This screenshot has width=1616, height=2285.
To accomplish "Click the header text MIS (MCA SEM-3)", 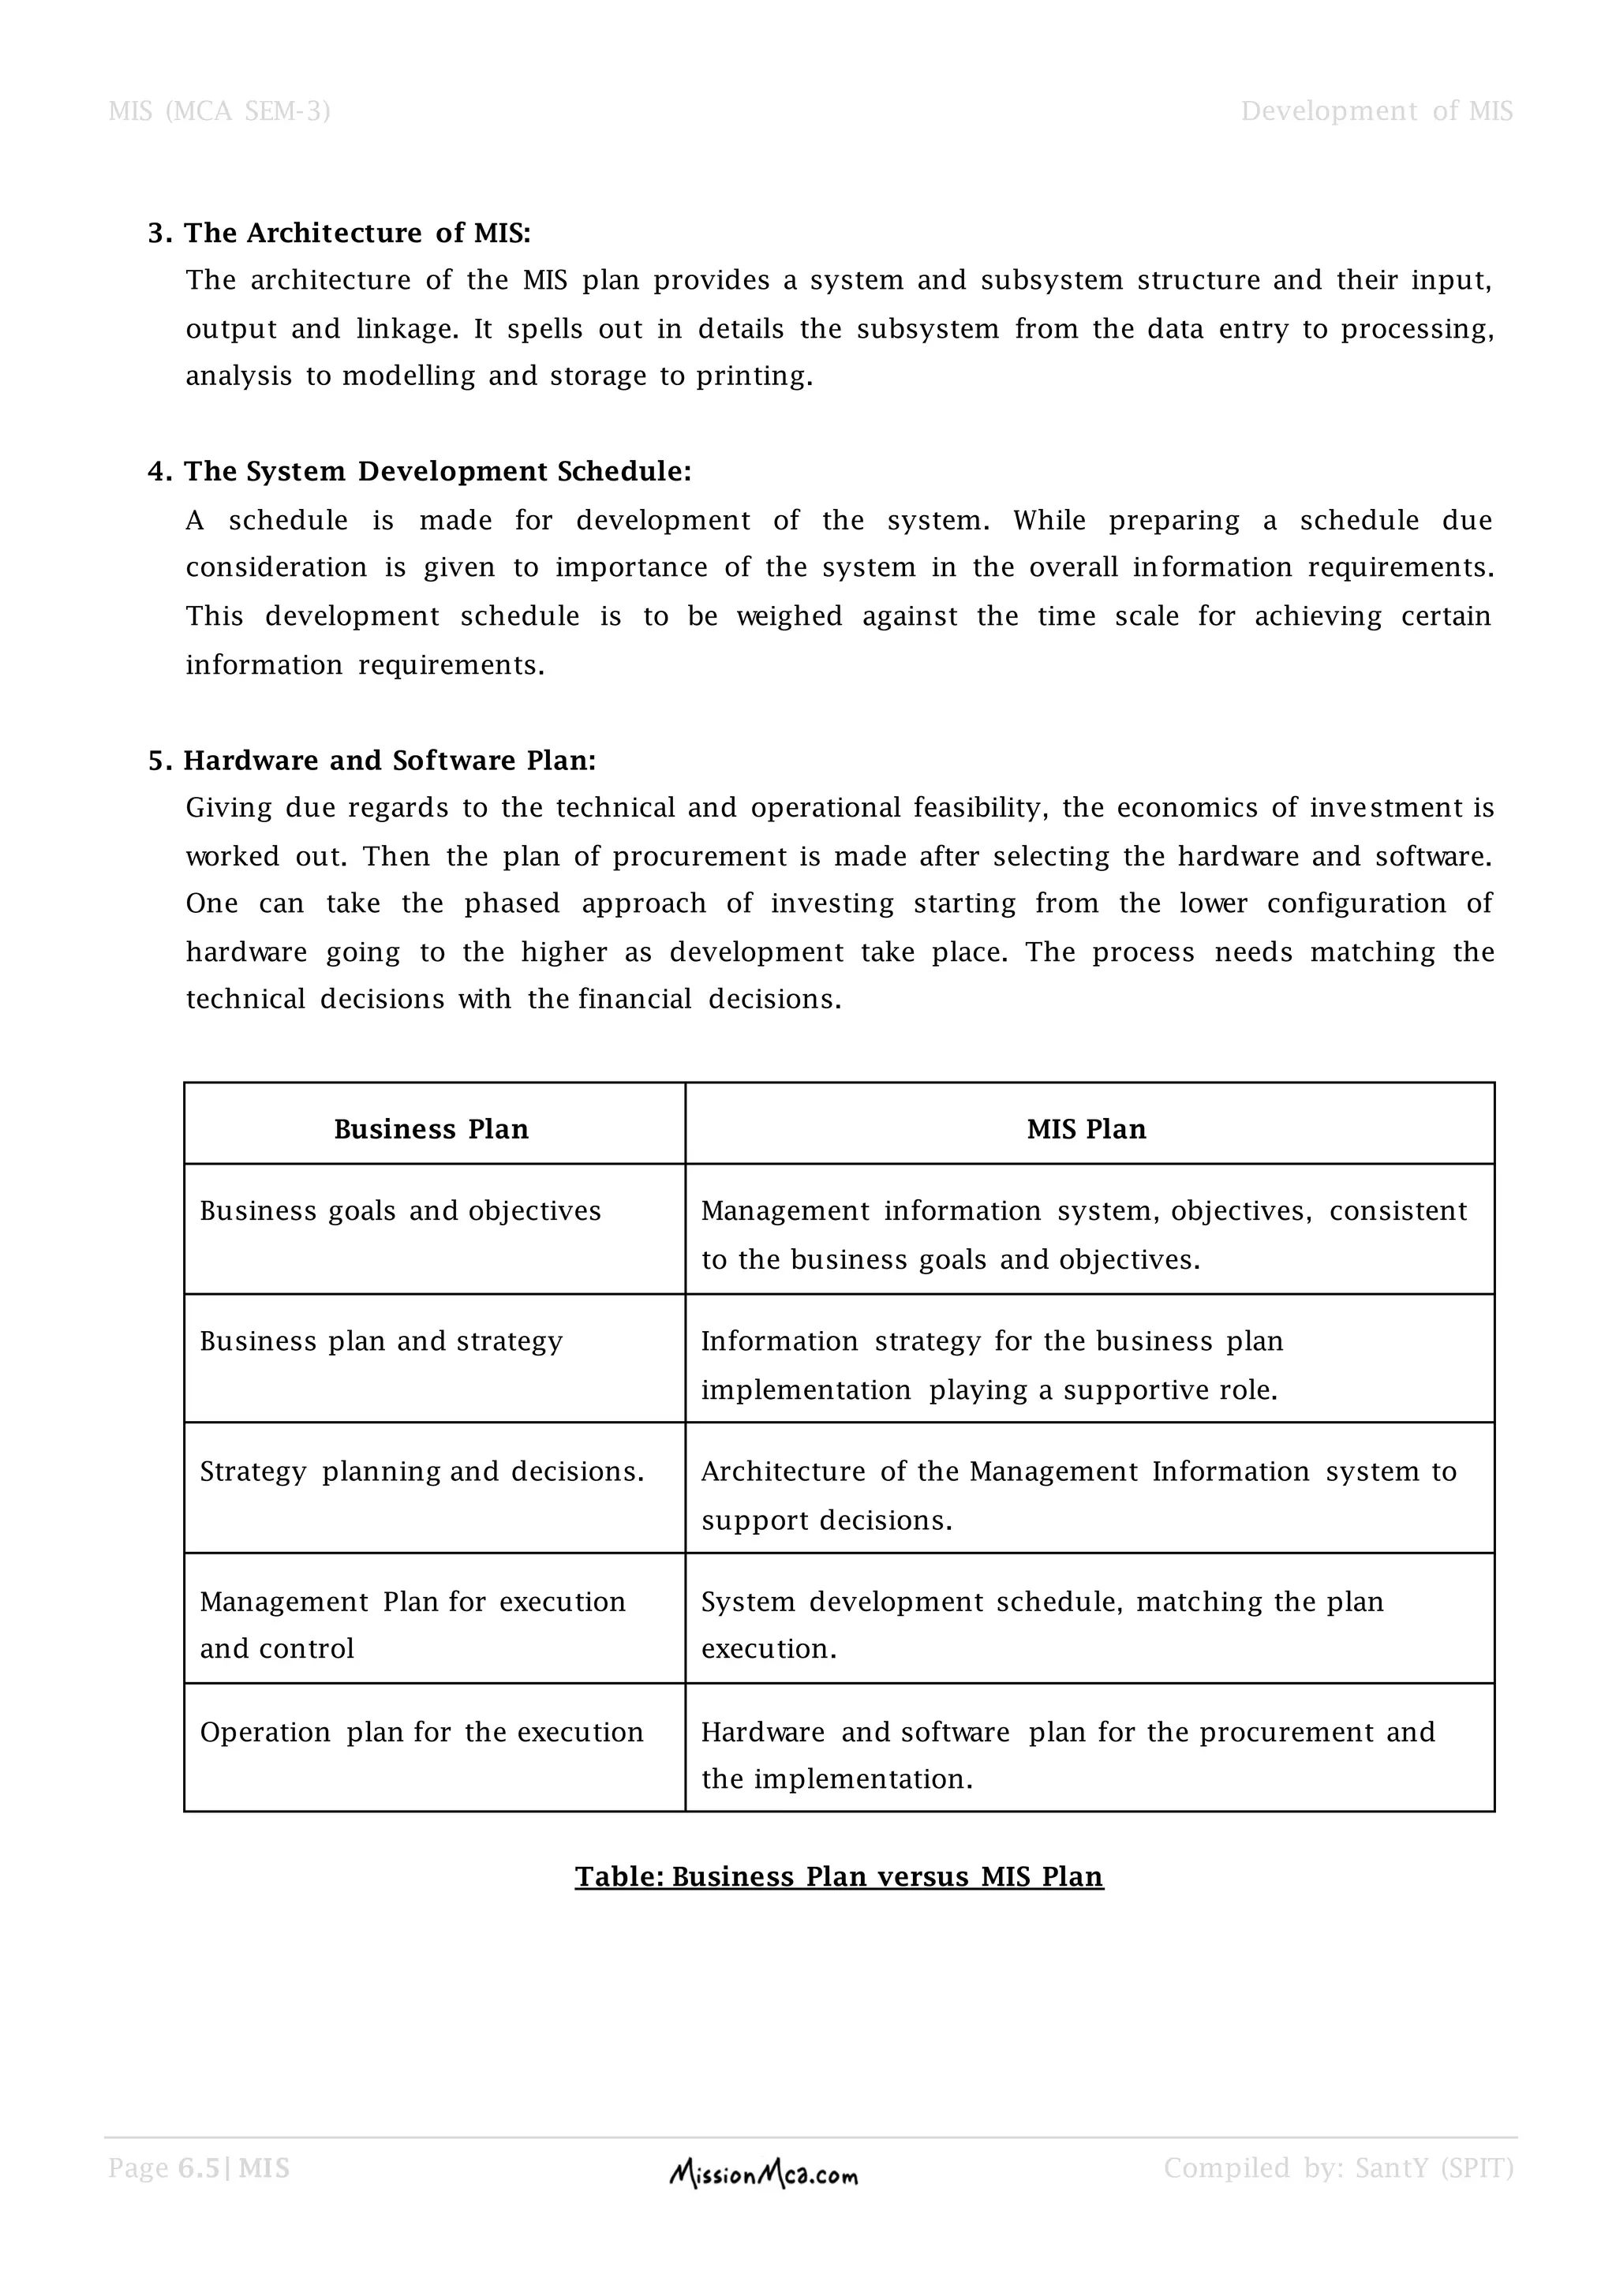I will coord(219,110).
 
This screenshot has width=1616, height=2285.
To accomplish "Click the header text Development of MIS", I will coord(1376,110).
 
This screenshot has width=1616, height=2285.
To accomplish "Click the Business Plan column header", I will coord(431,1128).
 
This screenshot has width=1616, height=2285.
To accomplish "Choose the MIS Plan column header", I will coord(1087,1128).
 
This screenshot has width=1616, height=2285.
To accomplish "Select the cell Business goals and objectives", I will coord(400,1211).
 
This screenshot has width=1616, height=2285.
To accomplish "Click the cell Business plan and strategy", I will coord(381,1341).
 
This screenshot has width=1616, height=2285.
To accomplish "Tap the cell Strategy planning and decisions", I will coord(422,1472).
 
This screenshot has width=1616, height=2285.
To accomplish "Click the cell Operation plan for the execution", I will coord(421,1733).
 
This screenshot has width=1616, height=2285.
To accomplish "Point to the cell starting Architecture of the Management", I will coord(1079,1495).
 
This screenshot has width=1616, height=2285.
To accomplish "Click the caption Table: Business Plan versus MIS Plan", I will coord(839,1877).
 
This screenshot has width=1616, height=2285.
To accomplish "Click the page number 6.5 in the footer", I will coord(198,2167).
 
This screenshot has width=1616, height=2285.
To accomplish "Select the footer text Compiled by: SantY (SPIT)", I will coord(1338,2167).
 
